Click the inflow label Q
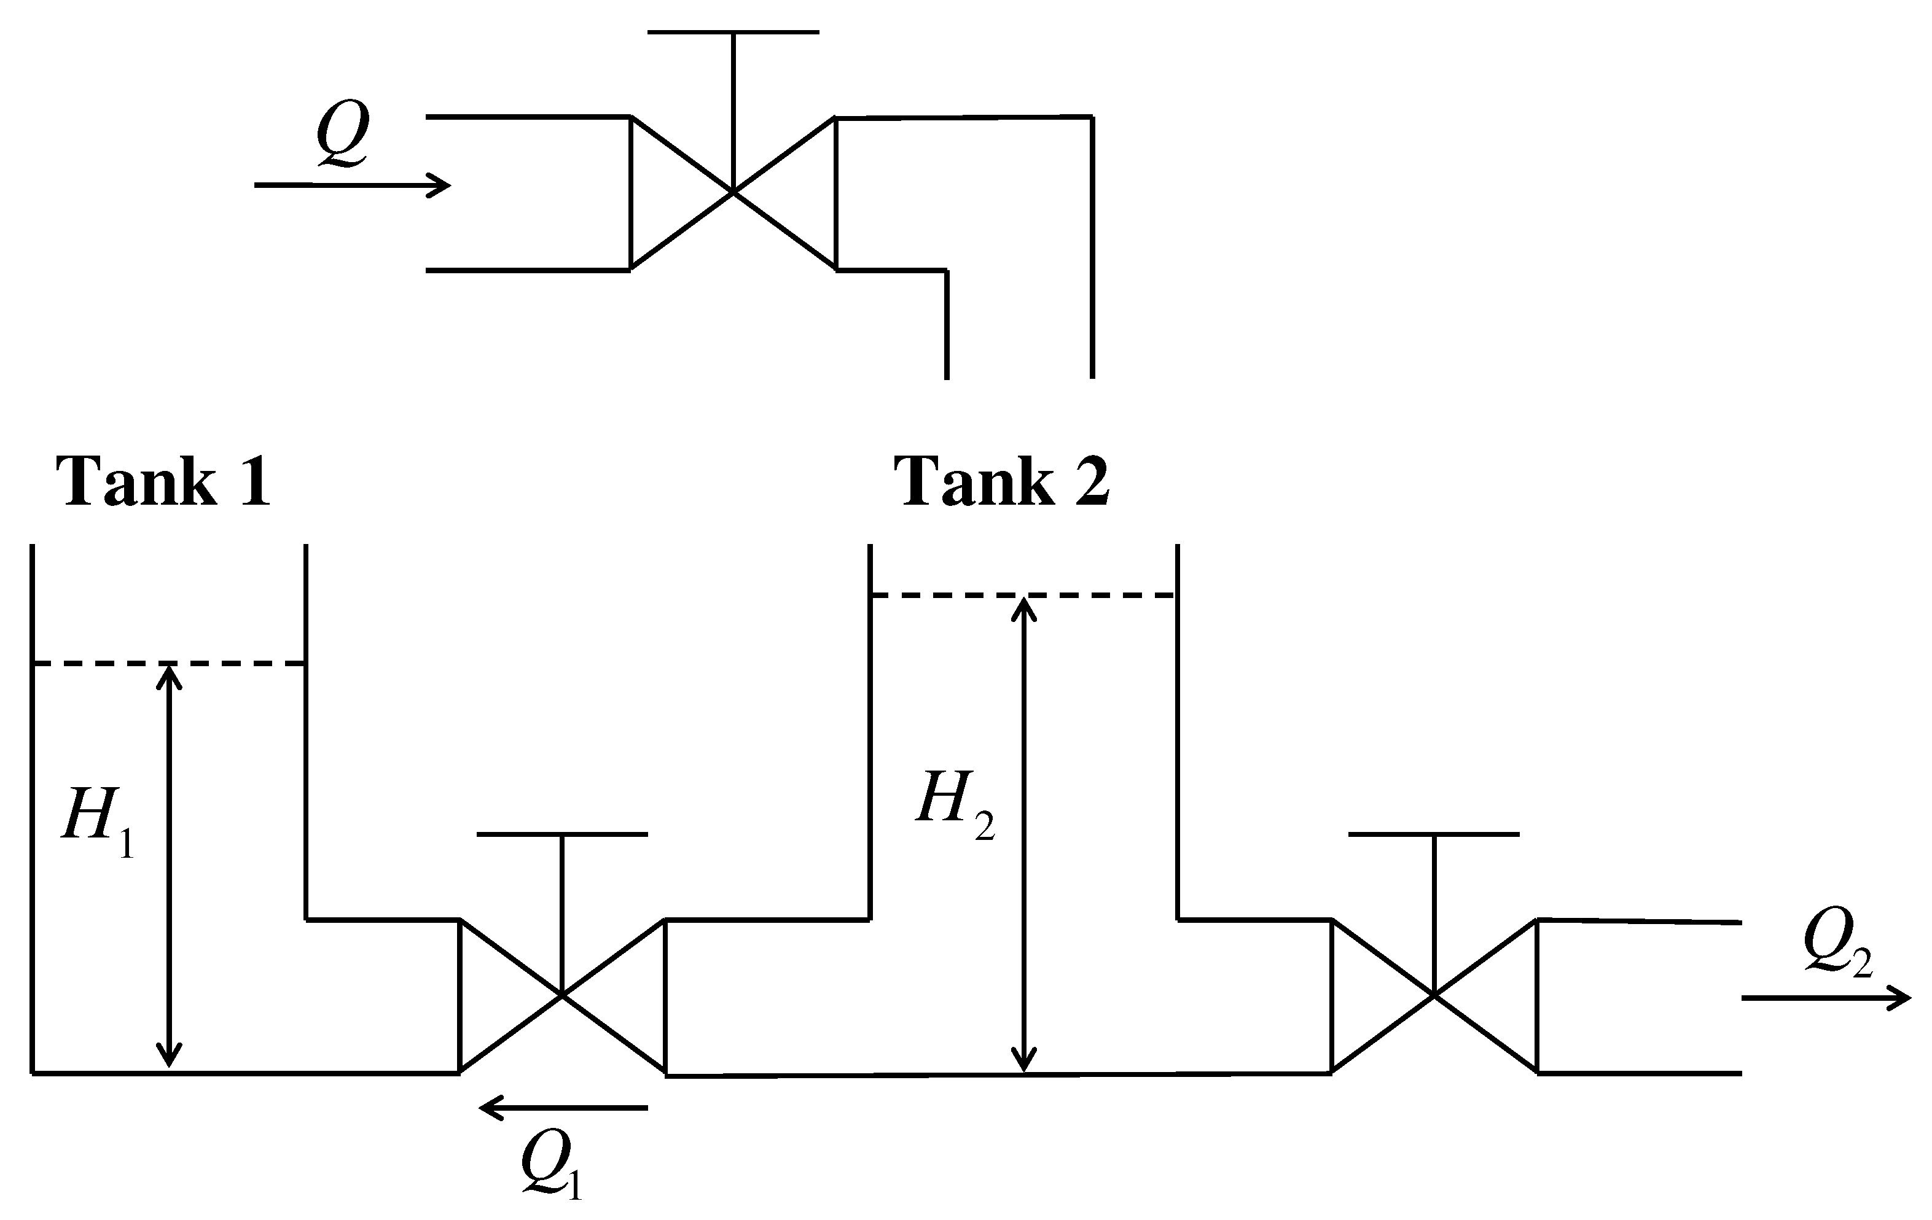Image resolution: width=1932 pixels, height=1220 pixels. (x=343, y=134)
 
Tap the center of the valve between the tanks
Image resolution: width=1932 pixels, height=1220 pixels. (x=561, y=995)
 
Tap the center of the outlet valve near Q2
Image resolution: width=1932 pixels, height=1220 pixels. (x=1434, y=995)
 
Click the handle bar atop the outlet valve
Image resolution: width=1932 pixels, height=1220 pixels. (x=1434, y=834)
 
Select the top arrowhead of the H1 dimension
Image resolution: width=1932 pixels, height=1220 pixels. (x=168, y=674)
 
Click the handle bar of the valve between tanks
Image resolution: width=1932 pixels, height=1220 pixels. (x=561, y=834)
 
